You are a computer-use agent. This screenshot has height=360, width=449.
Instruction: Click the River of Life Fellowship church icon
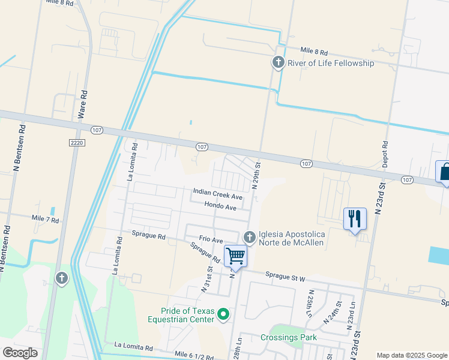click(x=278, y=62)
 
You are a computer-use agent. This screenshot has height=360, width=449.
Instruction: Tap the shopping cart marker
click(x=235, y=256)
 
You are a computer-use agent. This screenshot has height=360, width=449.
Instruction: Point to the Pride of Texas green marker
click(x=223, y=314)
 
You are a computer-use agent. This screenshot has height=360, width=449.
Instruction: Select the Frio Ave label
click(x=211, y=240)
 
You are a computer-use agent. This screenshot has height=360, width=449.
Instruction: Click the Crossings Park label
click(x=288, y=338)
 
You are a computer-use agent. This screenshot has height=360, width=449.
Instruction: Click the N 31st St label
click(x=206, y=281)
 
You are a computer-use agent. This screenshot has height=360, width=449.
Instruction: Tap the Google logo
click(x=20, y=353)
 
